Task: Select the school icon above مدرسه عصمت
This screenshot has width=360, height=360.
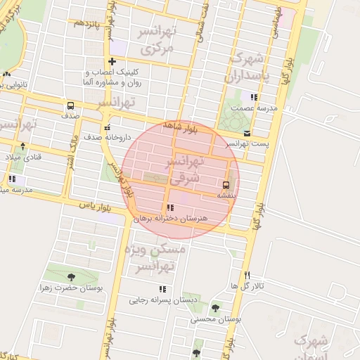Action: point(253,97)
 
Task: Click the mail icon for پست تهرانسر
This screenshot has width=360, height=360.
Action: point(246,133)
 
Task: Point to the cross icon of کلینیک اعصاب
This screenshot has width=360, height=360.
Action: point(112,62)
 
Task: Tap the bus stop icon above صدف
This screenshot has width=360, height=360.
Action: point(70,105)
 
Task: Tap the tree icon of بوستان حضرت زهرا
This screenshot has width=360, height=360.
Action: point(70,277)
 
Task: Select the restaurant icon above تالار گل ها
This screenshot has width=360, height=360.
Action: point(247,275)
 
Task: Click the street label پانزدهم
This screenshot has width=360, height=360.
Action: point(87,23)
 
